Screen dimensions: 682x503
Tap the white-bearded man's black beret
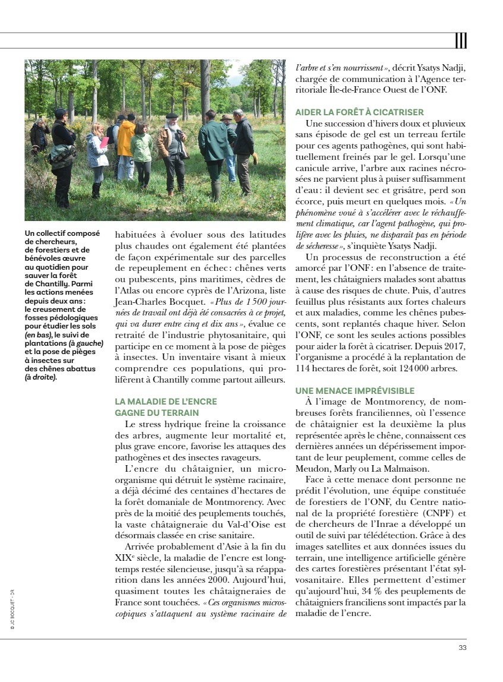point(172,115)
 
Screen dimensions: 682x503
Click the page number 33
point(462,648)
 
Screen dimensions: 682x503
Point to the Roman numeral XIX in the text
point(121,558)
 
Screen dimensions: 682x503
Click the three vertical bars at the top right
point(461,40)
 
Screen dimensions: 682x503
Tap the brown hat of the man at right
point(226,118)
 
